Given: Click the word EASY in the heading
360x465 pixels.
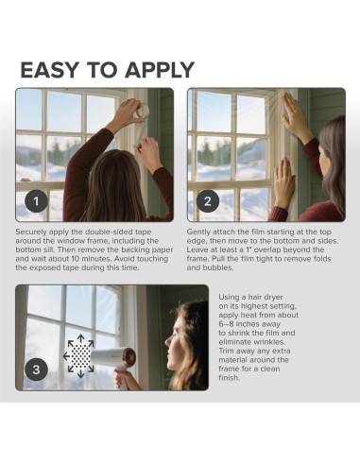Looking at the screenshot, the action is click(x=49, y=70).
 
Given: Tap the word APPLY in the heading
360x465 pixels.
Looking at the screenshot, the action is click(x=160, y=70).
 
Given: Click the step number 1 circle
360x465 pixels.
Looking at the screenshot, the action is click(x=36, y=201).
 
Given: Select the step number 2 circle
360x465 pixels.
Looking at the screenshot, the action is click(x=208, y=201).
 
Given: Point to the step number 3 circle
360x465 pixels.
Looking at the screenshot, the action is click(x=36, y=370).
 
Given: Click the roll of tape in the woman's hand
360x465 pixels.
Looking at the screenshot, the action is click(x=142, y=111).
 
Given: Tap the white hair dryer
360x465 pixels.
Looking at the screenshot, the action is click(x=114, y=362).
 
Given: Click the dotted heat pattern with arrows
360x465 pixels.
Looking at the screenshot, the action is click(x=80, y=356).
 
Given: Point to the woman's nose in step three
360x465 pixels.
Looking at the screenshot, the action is click(x=166, y=341).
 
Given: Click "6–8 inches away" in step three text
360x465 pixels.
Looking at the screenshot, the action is click(x=249, y=324).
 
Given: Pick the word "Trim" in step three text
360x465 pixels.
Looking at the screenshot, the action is click(x=227, y=351).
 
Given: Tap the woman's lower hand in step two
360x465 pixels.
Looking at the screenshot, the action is click(x=283, y=181).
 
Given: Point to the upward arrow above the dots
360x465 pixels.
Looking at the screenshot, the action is click(x=80, y=339).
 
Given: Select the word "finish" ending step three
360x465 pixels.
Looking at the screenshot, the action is click(x=229, y=378).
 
